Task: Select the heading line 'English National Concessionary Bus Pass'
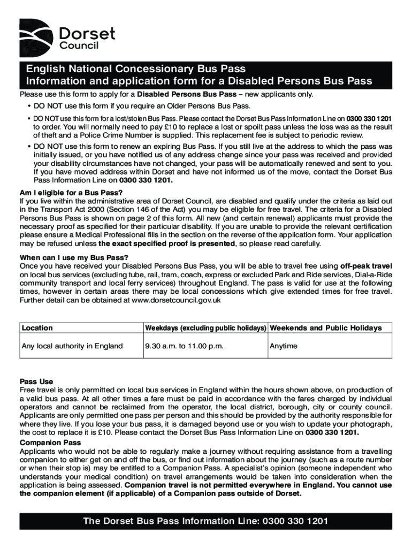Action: pyautogui.click(x=133, y=69)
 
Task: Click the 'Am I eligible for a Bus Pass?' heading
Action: pyautogui.click(x=71, y=193)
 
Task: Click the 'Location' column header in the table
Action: pyautogui.click(x=37, y=328)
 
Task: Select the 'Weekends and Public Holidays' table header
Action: pyautogui.click(x=326, y=328)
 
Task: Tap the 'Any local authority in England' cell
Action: pyautogui.click(x=72, y=346)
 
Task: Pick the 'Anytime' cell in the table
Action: pyautogui.click(x=284, y=346)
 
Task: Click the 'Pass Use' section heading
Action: pyautogui.click(x=36, y=382)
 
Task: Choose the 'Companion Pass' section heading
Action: pyautogui.click(x=50, y=443)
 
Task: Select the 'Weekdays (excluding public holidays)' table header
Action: pyautogui.click(x=205, y=328)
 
